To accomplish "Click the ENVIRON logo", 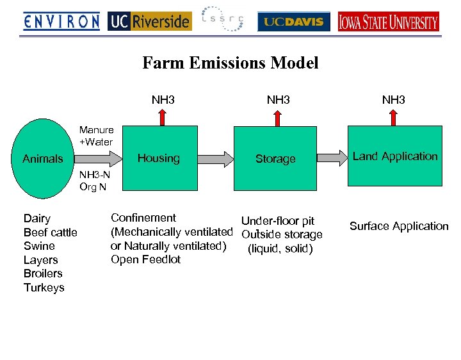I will pyautogui.click(x=61, y=21).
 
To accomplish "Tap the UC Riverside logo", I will pyautogui.click(x=149, y=21).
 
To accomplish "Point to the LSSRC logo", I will pyautogui.click(x=222, y=19).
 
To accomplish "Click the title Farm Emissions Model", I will pyautogui.click(x=230, y=63).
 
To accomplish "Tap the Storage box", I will pyautogui.click(x=275, y=158).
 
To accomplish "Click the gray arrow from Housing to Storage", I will pyautogui.click(x=220, y=158).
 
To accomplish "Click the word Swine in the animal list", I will pyautogui.click(x=39, y=246).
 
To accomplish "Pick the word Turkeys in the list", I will pyautogui.click(x=44, y=288).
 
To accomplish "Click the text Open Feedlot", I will pyautogui.click(x=145, y=259).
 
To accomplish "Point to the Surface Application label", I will pyautogui.click(x=399, y=226).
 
